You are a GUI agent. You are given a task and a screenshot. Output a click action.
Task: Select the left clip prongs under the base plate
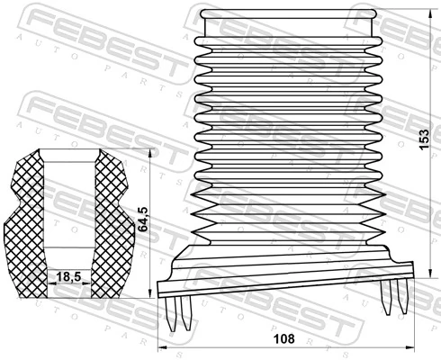pos(179,312)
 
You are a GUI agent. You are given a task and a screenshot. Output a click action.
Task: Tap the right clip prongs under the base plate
pos(392,296)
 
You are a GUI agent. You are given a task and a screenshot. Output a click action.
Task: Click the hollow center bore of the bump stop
pos(68,207)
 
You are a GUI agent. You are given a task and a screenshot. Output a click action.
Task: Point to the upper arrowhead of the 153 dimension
pos(417,13)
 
